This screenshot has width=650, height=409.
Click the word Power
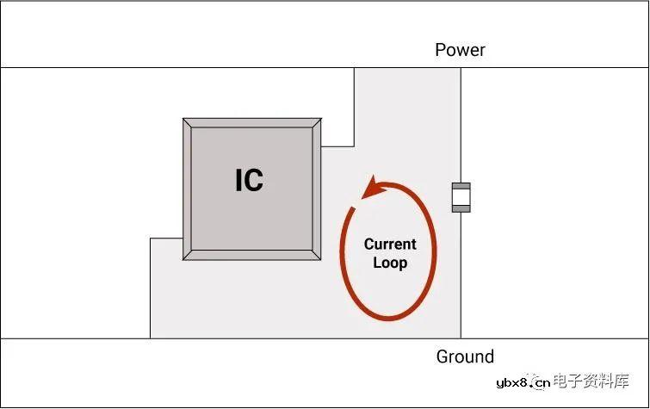point(460,50)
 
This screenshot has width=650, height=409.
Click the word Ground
point(465,356)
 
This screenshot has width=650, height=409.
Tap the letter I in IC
point(239,180)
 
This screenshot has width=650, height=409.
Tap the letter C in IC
point(254,180)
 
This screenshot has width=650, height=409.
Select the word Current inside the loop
point(390,245)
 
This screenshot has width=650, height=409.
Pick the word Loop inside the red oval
point(390,263)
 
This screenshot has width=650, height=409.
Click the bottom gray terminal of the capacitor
point(462,208)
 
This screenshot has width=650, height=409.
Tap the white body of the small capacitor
point(462,197)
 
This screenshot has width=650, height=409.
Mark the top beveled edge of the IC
point(252,123)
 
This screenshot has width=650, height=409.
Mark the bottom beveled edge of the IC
point(252,255)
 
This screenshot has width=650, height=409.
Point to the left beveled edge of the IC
point(187,189)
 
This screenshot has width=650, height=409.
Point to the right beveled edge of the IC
point(318,189)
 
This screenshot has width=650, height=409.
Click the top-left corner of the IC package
point(184,120)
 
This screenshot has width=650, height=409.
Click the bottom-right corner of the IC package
point(321,259)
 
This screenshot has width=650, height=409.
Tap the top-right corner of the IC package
point(321,120)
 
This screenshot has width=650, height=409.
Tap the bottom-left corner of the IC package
point(184,259)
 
